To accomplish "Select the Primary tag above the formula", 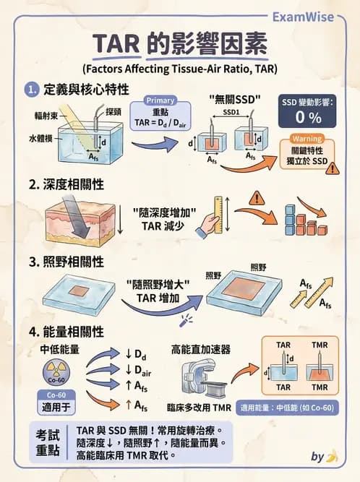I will point(160,100).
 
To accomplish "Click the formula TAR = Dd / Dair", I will point(160,123).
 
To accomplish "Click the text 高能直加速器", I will point(200,349).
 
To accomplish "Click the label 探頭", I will point(113,112).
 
